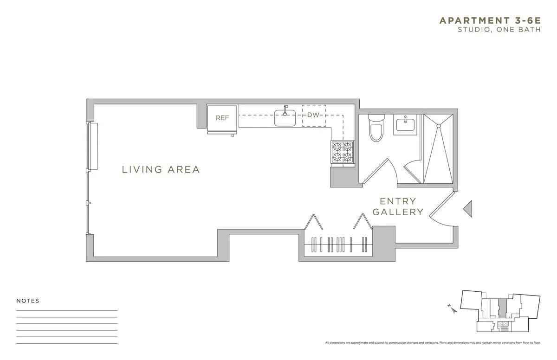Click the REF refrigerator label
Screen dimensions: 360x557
tap(222, 118)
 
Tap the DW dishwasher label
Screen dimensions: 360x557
tap(314, 115)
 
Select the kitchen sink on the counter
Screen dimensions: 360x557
tap(285, 118)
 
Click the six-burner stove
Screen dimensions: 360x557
tap(342, 153)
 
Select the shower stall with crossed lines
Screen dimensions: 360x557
tap(438, 148)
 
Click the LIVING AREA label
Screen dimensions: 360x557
tap(161, 170)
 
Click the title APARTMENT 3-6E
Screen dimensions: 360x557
tap(490, 20)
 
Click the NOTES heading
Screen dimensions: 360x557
tap(28, 301)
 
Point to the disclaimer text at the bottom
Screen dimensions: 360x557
tap(433, 342)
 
